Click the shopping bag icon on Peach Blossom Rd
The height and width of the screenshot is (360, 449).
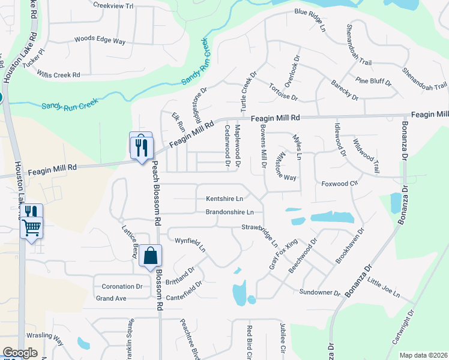click(150, 256)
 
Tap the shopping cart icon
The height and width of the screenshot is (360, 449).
click(31, 227)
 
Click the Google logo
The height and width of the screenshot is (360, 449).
click(20, 353)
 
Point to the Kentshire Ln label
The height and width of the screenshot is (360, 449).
click(224, 199)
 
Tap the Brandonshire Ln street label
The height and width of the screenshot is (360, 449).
click(230, 212)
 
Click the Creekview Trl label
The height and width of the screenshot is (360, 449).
click(113, 5)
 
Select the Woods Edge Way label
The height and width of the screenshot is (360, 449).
click(100, 41)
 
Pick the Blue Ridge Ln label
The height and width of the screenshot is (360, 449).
click(309, 12)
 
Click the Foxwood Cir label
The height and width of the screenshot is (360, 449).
click(340, 184)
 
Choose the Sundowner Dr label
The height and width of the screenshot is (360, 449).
click(321, 292)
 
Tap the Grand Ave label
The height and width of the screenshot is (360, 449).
click(111, 298)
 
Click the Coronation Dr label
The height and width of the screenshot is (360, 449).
click(122, 286)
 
